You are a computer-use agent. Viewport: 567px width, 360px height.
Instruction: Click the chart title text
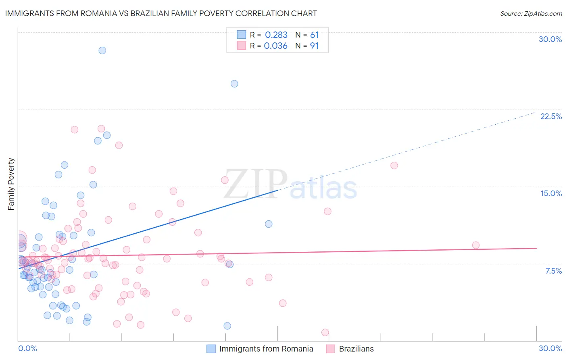(x=161, y=13)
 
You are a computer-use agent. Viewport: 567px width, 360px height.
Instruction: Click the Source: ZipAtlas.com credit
(x=531, y=13)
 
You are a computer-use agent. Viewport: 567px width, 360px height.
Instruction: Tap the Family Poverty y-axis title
(x=11, y=184)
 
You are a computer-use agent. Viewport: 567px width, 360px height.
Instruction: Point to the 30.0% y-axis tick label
(x=550, y=39)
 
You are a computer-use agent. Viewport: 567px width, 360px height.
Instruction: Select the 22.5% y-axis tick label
(x=551, y=116)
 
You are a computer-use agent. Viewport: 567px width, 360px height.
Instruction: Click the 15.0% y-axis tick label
(x=551, y=193)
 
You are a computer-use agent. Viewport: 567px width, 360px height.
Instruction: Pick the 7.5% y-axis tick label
(x=553, y=271)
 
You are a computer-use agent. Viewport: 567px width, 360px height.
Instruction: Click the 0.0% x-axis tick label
(x=27, y=348)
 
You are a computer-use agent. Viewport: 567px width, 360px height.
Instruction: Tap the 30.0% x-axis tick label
(x=550, y=348)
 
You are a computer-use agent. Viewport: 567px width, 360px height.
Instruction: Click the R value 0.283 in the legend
(x=276, y=35)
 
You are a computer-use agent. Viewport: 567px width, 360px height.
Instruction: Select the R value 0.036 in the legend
(x=275, y=46)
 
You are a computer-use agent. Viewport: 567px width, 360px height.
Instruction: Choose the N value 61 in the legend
(x=314, y=35)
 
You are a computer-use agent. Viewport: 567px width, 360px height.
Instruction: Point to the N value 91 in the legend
(x=314, y=46)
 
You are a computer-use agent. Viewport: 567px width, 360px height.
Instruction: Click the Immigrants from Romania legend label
(x=266, y=349)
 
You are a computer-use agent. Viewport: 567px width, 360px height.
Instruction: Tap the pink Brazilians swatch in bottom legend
(x=331, y=349)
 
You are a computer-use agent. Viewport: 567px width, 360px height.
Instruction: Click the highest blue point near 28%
(x=102, y=50)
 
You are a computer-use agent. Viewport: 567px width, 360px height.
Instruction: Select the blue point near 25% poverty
(x=234, y=84)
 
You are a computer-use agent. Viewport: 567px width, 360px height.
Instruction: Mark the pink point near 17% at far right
(x=394, y=165)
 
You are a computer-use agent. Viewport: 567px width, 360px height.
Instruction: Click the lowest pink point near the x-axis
(x=325, y=333)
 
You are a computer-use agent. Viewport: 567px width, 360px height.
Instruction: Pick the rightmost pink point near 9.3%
(x=476, y=245)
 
